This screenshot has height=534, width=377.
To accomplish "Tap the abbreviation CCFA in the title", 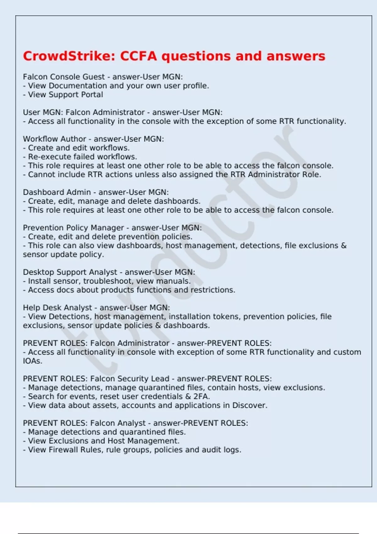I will pyautogui.click(x=138, y=56).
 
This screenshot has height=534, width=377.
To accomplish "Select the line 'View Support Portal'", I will pyautogui.click(x=65, y=95).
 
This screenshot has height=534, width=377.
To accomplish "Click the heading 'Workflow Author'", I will pyautogui.click(x=54, y=139).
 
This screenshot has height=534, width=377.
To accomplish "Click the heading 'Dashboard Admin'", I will pyautogui.click(x=57, y=192).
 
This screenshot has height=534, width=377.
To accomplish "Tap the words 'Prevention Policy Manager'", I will pyautogui.click(x=74, y=228).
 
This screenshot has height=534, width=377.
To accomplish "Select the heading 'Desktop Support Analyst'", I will pyautogui.click(x=70, y=272).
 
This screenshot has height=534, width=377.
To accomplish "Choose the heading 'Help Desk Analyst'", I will pyautogui.click(x=57, y=308).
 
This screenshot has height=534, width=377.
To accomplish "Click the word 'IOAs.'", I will pyautogui.click(x=32, y=361).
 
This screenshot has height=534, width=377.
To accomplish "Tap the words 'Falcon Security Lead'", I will pyautogui.click(x=130, y=379).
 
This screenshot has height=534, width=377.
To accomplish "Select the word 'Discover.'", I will pyautogui.click(x=250, y=405).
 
